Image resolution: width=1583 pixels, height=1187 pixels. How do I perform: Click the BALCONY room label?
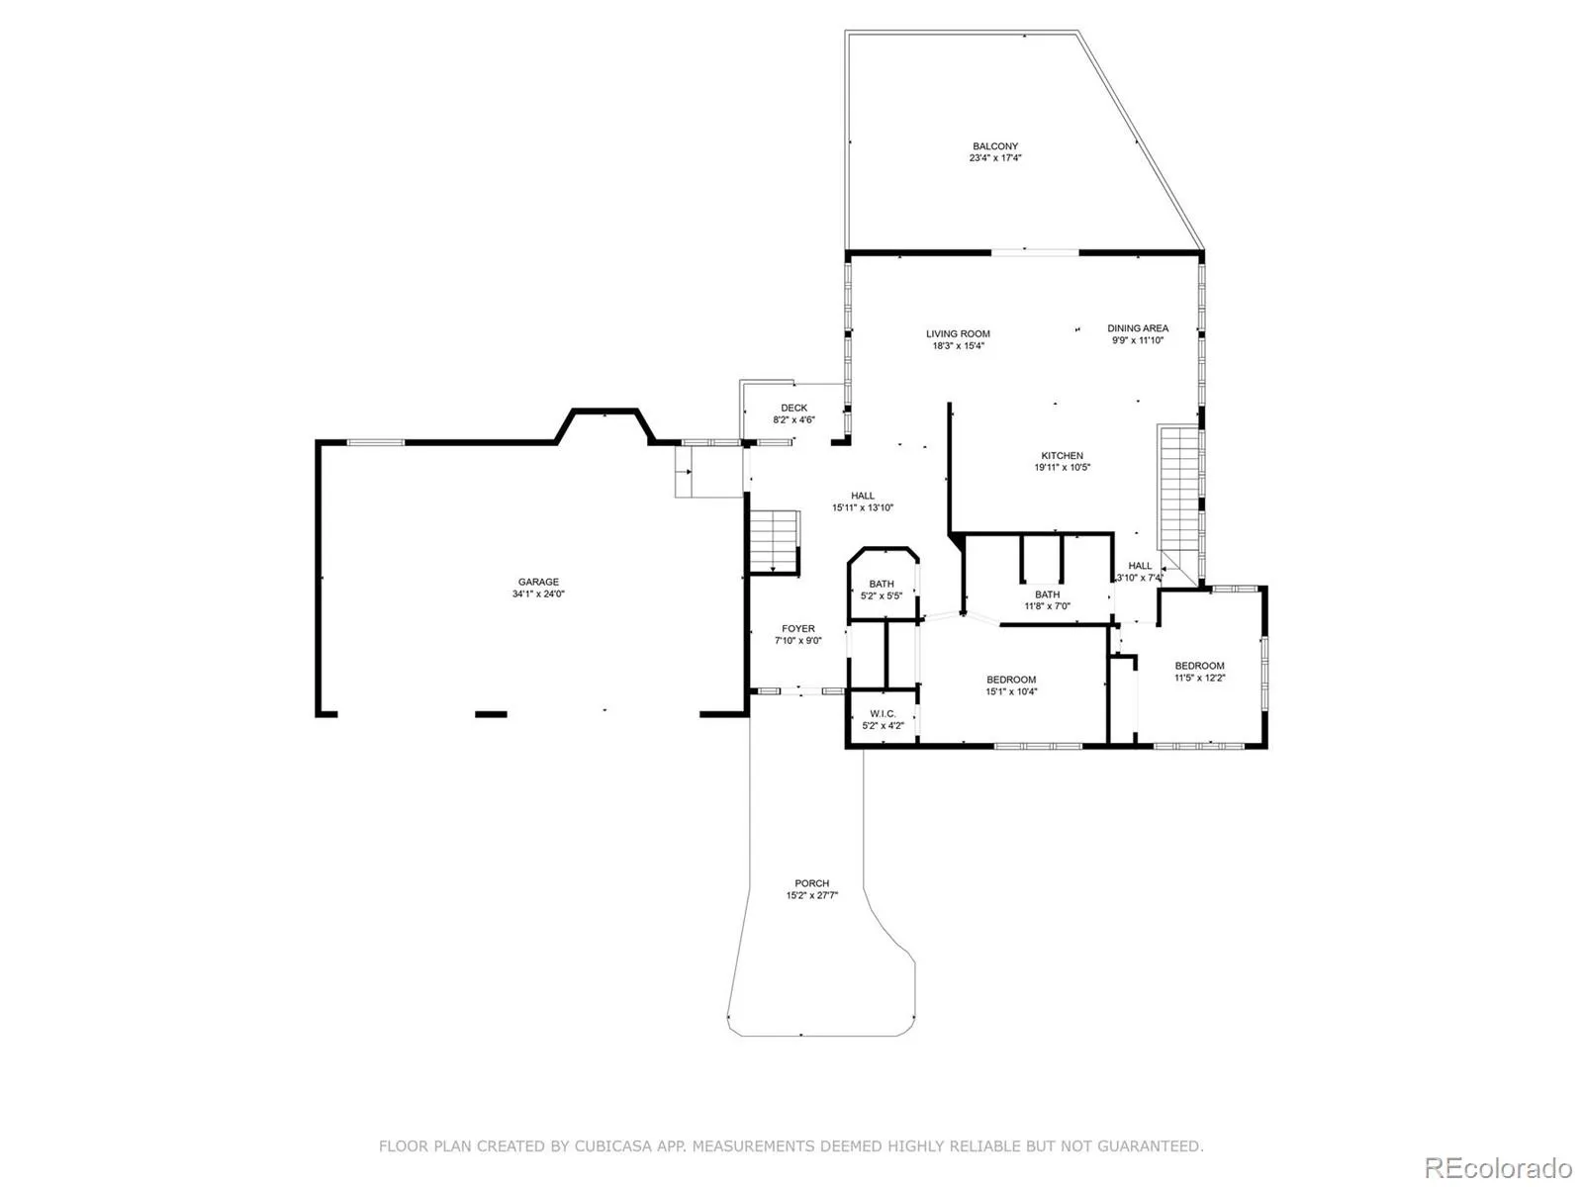pos(994,146)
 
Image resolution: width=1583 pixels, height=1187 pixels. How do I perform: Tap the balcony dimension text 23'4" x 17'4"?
pos(994,158)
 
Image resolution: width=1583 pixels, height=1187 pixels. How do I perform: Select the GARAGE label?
pos(538,583)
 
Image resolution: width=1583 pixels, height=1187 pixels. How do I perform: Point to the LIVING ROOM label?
pos(958,334)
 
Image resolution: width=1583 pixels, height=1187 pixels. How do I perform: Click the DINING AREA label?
pos(1137,328)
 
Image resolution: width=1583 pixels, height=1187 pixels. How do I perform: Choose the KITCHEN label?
pos(1062,456)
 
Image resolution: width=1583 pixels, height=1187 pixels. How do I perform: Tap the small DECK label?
pos(793,408)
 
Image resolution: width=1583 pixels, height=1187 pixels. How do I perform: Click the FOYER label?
pos(798,629)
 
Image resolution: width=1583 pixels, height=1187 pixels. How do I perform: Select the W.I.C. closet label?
pos(883,714)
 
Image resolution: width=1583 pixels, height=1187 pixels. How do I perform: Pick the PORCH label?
pos(811,883)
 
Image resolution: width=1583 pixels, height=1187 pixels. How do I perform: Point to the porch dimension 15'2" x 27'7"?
pos(811,896)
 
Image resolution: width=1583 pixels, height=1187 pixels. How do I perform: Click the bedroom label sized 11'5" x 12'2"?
pos(1199,666)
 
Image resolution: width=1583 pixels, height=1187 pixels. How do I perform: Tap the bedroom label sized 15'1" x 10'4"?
pos(1011,680)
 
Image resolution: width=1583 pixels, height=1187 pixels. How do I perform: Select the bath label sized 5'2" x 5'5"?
pos(882,585)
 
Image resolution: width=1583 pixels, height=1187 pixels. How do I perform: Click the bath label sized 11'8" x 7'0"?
pos(1047,594)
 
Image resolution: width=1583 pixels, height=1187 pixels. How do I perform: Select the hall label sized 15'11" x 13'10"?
pos(863,496)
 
